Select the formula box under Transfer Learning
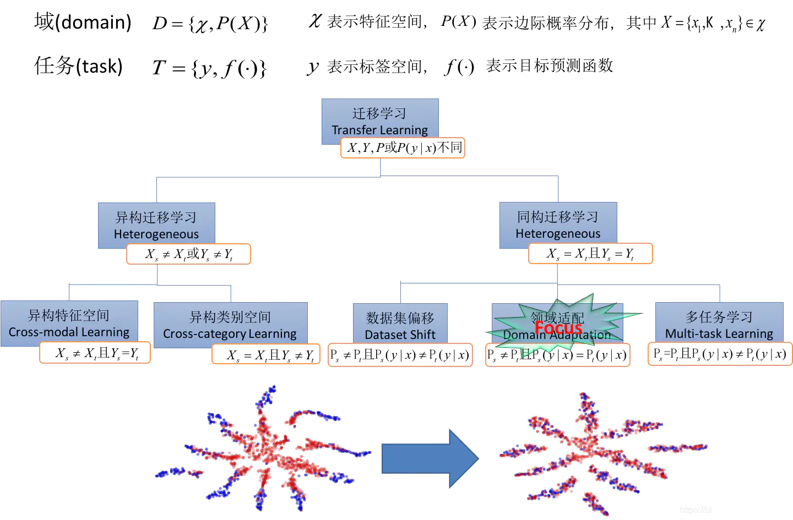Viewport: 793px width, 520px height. point(403,148)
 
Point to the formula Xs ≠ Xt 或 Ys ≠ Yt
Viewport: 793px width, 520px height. point(188,254)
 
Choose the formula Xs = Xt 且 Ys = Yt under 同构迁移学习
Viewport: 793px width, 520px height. point(590,254)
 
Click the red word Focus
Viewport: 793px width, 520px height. point(558,328)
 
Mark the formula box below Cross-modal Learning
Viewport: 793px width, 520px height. point(95,353)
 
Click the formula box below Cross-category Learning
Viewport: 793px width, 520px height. point(266,355)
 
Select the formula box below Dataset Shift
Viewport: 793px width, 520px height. point(400,355)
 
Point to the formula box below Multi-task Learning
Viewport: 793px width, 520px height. point(720,354)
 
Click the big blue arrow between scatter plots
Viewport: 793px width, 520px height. point(430,458)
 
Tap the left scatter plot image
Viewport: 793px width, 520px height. point(264,448)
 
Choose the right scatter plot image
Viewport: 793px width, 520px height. point(604,452)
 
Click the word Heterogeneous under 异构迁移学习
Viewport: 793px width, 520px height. point(156,234)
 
